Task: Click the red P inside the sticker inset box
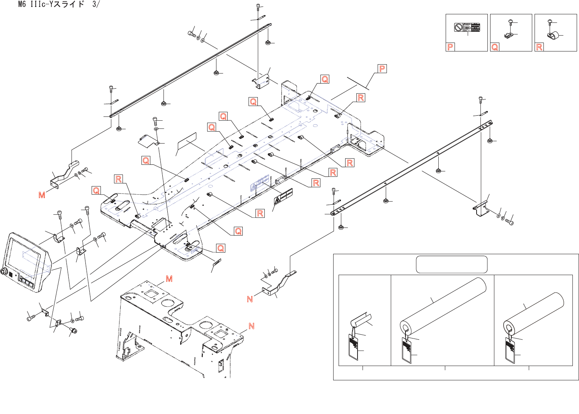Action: (x=450, y=47)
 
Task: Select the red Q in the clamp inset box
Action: (x=495, y=47)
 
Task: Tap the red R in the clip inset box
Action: (x=539, y=47)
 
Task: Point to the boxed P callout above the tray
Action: (x=382, y=69)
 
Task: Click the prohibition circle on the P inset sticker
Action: (x=458, y=27)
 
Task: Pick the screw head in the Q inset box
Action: (x=510, y=21)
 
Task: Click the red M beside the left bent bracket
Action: (x=42, y=195)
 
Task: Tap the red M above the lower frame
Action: (x=169, y=279)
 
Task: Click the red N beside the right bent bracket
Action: (x=250, y=299)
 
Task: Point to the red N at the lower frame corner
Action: (x=251, y=326)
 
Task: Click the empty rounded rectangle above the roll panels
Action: (x=451, y=264)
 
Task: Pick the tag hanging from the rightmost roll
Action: (x=510, y=350)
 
